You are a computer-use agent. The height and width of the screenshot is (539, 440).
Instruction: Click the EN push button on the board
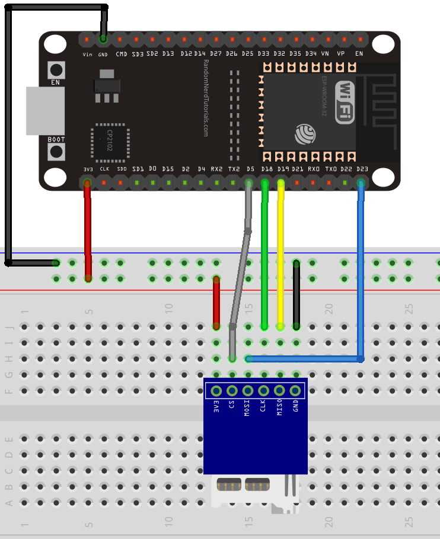pyautogui.click(x=56, y=69)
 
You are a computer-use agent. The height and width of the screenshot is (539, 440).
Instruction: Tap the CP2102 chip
pyautogui.click(x=110, y=142)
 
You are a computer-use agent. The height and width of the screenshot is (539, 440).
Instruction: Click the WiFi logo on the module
pyautogui.click(x=345, y=101)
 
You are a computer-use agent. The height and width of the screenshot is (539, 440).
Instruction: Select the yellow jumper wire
pyautogui.click(x=280, y=255)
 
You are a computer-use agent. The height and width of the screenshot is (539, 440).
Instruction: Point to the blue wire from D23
pyautogui.click(x=360, y=267)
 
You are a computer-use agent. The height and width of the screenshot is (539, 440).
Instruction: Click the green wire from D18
pyautogui.click(x=264, y=255)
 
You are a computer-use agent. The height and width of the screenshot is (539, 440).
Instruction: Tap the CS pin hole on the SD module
pyautogui.click(x=232, y=390)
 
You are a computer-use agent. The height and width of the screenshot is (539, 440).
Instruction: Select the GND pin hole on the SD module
pyautogui.click(x=295, y=390)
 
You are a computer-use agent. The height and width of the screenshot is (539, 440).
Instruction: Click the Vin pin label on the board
pyautogui.click(x=87, y=54)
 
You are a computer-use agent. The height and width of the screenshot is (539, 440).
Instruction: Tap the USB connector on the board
pyautogui.click(x=44, y=111)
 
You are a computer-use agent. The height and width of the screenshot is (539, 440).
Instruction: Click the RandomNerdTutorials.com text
pyautogui.click(x=205, y=98)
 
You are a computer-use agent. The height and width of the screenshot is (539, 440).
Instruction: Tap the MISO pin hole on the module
pyautogui.click(x=279, y=390)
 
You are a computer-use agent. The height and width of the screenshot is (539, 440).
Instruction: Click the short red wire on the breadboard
pyautogui.click(x=216, y=302)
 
